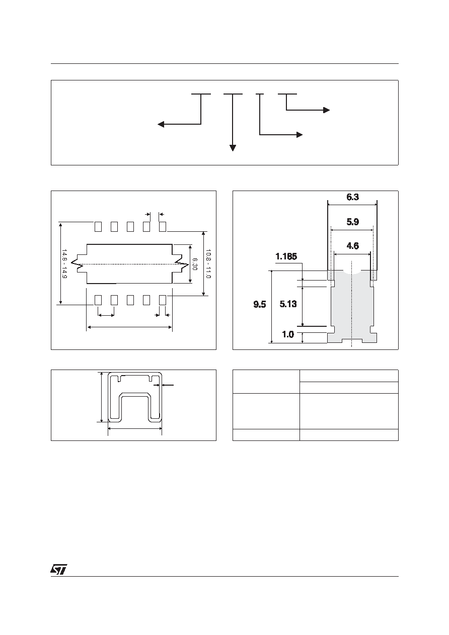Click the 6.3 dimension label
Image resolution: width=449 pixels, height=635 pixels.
pyautogui.click(x=352, y=197)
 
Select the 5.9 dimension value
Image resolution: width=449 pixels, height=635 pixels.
pyautogui.click(x=352, y=222)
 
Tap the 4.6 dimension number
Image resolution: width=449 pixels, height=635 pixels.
pyautogui.click(x=352, y=246)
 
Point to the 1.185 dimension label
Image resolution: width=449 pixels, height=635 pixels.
pyautogui.click(x=286, y=256)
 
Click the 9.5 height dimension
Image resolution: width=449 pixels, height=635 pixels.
pyautogui.click(x=260, y=305)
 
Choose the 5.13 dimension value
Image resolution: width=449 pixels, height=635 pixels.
pyautogui.click(x=288, y=304)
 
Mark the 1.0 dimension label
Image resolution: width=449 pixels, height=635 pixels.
pyautogui.click(x=288, y=334)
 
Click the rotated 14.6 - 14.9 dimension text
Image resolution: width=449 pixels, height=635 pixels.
pyautogui.click(x=64, y=263)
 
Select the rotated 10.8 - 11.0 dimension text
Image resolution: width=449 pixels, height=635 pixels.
pyautogui.click(x=208, y=263)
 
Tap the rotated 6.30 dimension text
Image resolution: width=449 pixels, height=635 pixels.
pyautogui.click(x=195, y=264)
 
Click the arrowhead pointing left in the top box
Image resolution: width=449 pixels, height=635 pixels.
pyautogui.click(x=161, y=124)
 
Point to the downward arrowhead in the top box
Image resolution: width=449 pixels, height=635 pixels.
pyautogui.click(x=233, y=148)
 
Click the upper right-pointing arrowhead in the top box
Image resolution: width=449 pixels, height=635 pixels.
pyautogui.click(x=326, y=110)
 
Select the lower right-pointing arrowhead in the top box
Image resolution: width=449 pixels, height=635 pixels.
pyautogui.click(x=300, y=135)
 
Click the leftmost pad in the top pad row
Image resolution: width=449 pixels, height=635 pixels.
pyautogui.click(x=98, y=227)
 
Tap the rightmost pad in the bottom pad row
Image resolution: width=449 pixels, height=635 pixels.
pyautogui.click(x=163, y=300)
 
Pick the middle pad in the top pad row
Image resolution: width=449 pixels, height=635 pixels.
pyautogui.click(x=130, y=227)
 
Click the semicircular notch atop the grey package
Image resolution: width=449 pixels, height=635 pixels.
pyautogui.click(x=352, y=273)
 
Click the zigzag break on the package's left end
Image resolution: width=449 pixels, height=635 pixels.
pyautogui.click(x=77, y=263)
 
